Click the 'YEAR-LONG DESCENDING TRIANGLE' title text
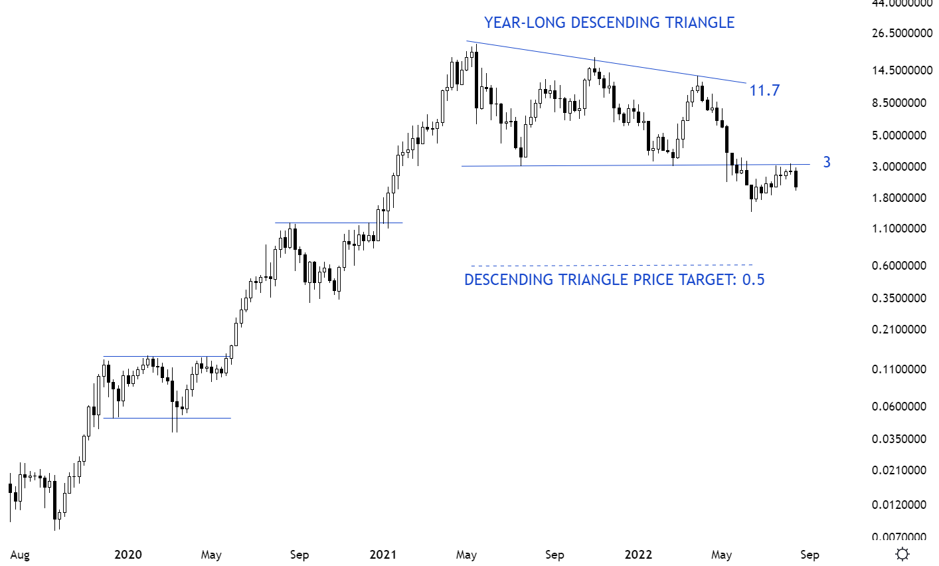pos(609,23)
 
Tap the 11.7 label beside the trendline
pos(764,90)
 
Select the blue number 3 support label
pos(826,162)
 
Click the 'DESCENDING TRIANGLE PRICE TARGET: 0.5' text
pos(614,280)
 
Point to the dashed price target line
pos(611,265)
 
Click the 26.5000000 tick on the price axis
pos(901,33)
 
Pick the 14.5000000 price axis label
pos(901,70)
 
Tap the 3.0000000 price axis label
pos(901,167)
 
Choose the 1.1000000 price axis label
pos(901,229)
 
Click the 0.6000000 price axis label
pos(901,266)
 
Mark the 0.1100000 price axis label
pos(901,369)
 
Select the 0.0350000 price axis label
pos(901,439)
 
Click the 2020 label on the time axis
pos(128,555)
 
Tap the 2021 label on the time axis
pos(383,555)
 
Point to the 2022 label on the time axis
pos(639,555)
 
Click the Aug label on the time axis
pos(20,555)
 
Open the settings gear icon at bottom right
pos(902,554)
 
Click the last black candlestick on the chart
pos(796,179)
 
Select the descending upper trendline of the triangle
pos(604,62)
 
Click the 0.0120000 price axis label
pos(901,505)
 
